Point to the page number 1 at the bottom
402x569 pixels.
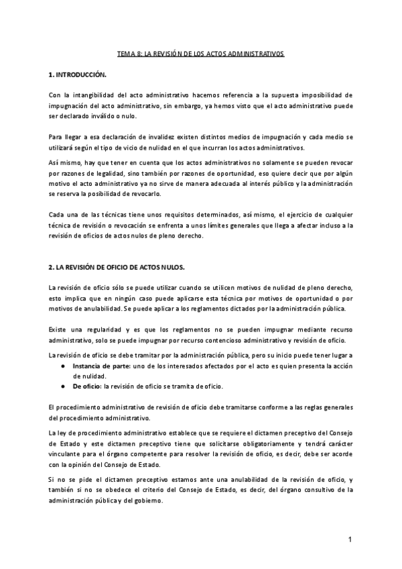click(x=350, y=540)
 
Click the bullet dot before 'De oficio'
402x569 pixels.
click(x=62, y=387)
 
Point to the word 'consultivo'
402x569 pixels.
click(x=304, y=490)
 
